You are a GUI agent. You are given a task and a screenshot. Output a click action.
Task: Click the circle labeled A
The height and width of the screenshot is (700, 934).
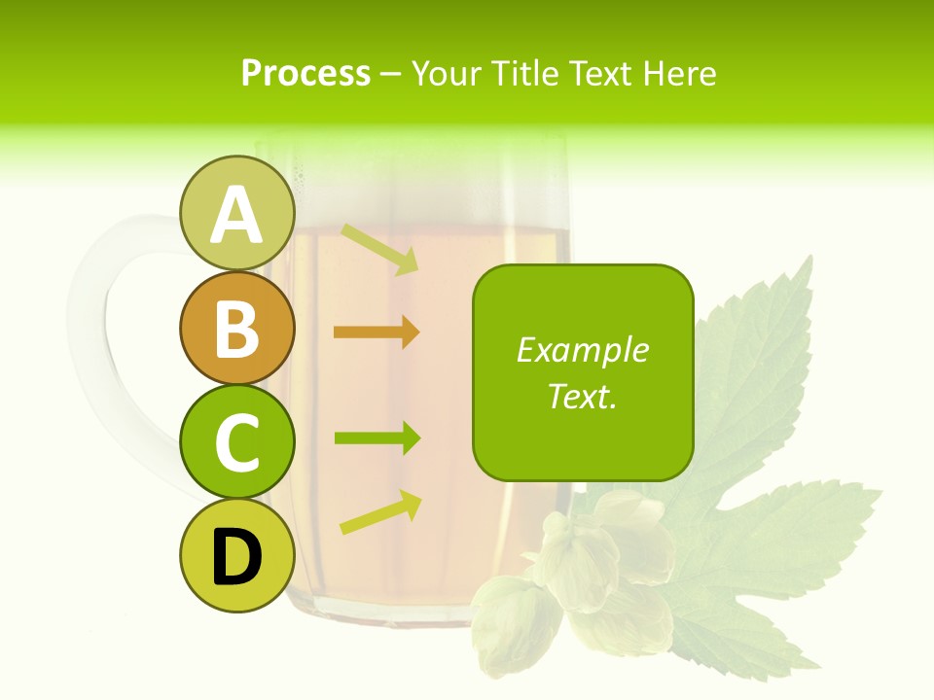click(x=236, y=213)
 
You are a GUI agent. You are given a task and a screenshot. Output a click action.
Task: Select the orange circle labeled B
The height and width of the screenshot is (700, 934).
click(x=236, y=328)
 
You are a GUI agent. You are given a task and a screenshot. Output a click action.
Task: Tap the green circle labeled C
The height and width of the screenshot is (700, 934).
click(x=236, y=442)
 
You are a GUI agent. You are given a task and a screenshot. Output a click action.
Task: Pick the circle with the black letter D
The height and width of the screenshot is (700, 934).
click(x=236, y=556)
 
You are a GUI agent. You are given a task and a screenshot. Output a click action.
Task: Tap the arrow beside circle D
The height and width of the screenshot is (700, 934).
click(x=380, y=512)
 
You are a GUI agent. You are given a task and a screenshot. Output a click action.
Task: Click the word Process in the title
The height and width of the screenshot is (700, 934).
click(x=305, y=73)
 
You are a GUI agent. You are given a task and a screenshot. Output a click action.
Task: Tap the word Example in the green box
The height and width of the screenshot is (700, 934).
click(x=582, y=350)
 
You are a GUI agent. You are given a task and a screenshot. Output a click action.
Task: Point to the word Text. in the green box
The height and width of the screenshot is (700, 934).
click(x=582, y=396)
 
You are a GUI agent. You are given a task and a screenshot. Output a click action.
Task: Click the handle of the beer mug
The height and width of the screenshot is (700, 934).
click(x=107, y=331)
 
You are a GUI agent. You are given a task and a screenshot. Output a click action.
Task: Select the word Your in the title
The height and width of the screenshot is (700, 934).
click(x=446, y=73)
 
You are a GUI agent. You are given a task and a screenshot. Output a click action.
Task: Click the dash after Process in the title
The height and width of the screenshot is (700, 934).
click(x=390, y=74)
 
